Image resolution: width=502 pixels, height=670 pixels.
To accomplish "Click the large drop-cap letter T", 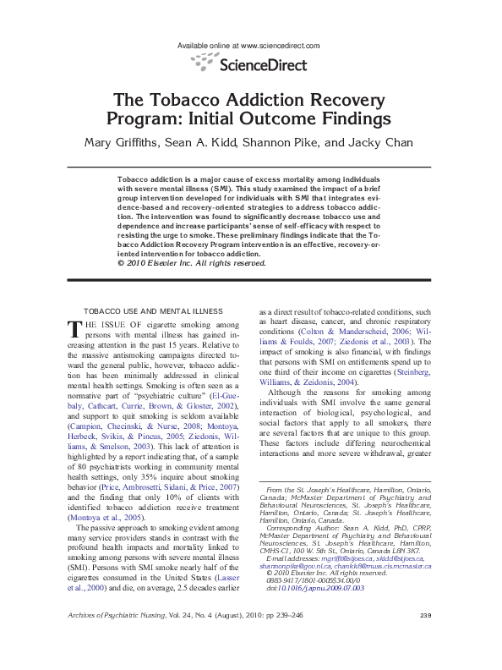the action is [74, 329].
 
